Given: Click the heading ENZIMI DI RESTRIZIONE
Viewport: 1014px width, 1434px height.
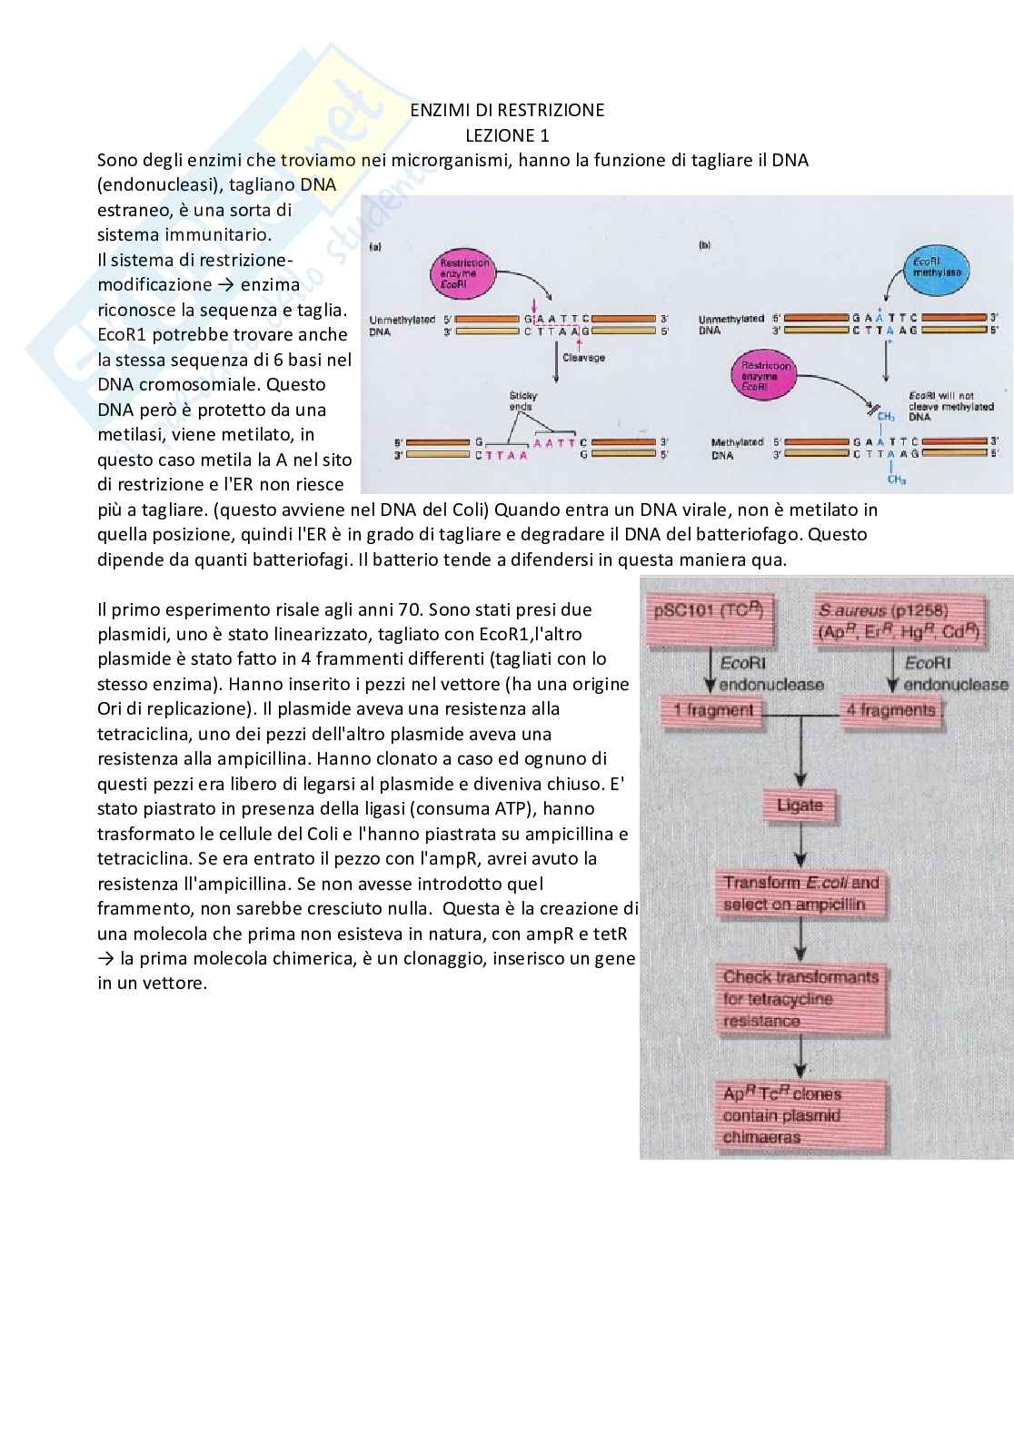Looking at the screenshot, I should pos(506,110).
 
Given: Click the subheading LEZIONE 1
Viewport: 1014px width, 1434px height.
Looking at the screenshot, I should pos(506,135).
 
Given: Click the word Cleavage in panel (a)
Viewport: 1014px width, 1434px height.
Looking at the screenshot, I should pos(583,358).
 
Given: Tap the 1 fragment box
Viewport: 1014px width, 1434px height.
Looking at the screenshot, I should pos(711,711).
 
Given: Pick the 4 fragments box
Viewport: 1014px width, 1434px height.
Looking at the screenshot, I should pos(890,711).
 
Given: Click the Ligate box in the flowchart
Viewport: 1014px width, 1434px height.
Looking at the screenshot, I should pos(800,806).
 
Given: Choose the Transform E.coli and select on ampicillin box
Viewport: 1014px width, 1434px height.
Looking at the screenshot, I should pos(800,894).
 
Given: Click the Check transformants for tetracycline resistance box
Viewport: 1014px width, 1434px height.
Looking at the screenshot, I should pos(800,999).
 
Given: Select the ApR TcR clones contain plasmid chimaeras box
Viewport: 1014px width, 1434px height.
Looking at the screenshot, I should pos(800,1116).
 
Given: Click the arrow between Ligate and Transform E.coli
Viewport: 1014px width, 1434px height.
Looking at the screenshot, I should pos(800,846).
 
